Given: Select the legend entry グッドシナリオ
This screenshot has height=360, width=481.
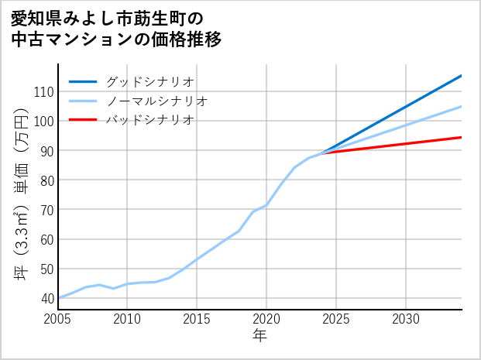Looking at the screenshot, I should coord(149,81).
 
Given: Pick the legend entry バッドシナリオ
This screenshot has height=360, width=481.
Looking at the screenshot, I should coord(149,120).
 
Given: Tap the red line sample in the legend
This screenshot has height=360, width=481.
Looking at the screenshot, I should coord(83,120).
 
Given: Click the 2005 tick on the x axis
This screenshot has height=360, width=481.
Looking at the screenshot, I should coord(58,319).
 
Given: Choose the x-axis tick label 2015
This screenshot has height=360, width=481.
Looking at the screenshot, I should coord(197,319).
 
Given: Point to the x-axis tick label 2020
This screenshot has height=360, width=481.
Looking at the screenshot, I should coord(266,319).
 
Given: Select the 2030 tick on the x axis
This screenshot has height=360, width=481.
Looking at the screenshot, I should coord(406,319).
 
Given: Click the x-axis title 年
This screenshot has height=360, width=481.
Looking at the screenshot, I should coord(260,335).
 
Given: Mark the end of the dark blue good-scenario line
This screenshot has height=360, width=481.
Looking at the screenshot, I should coord(462,75).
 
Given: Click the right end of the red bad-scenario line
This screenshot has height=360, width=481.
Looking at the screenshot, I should coord(462,137).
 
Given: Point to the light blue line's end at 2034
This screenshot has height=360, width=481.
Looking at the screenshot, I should coord(462,106).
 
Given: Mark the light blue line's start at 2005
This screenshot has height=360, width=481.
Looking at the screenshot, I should coord(58,298).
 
